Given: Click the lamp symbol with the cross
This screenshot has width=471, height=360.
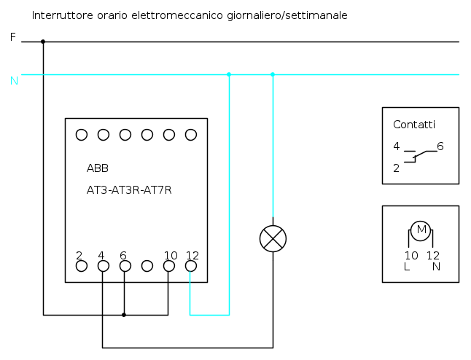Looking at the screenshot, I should (273, 238).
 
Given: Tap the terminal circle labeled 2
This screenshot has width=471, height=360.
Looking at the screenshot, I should (82, 266).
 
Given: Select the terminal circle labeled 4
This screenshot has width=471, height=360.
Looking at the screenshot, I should (103, 266).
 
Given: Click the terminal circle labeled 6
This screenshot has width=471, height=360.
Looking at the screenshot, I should (125, 266).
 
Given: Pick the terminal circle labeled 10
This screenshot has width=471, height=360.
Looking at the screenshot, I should (169, 266).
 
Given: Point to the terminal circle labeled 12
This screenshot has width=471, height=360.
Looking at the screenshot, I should (191, 266).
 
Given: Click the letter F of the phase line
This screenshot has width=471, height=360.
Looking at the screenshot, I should (12, 36).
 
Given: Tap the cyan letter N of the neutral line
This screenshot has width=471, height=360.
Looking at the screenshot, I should (14, 80).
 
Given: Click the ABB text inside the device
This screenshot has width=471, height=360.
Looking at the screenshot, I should (98, 168).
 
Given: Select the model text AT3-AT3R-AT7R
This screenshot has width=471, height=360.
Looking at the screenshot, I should (129, 190).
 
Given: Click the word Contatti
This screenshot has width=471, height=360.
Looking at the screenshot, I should (413, 125).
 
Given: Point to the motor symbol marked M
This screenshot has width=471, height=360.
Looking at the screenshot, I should (421, 231).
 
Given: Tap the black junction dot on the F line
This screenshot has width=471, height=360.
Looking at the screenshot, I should (43, 42).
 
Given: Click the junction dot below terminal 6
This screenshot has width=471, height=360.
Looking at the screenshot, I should (124, 315).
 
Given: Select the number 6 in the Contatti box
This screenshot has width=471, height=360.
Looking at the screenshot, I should (440, 146).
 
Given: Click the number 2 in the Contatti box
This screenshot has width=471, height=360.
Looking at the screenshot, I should (396, 168).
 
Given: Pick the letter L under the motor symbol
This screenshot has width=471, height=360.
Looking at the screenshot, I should (407, 267).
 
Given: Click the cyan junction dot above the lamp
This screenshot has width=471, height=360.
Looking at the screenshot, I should (273, 74).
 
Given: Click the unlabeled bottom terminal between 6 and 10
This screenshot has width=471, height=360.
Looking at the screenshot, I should (147, 266).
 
